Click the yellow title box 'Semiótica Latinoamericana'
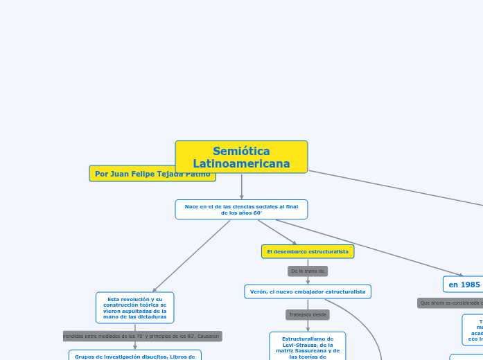(241, 157)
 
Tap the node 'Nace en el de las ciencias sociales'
(241, 209)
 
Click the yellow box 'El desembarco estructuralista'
(308, 251)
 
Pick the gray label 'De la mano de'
(308, 271)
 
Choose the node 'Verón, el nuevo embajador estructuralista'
(308, 291)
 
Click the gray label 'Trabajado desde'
(308, 314)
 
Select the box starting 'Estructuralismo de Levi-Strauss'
(308, 346)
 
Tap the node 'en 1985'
(464, 284)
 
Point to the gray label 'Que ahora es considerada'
(450, 303)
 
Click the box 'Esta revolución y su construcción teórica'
(135, 307)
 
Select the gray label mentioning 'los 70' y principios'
(142, 336)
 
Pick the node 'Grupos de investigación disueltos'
(135, 356)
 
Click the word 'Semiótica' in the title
(241, 151)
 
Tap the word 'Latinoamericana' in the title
(241, 163)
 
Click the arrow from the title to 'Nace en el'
(241, 186)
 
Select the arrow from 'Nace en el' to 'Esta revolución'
(192, 255)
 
